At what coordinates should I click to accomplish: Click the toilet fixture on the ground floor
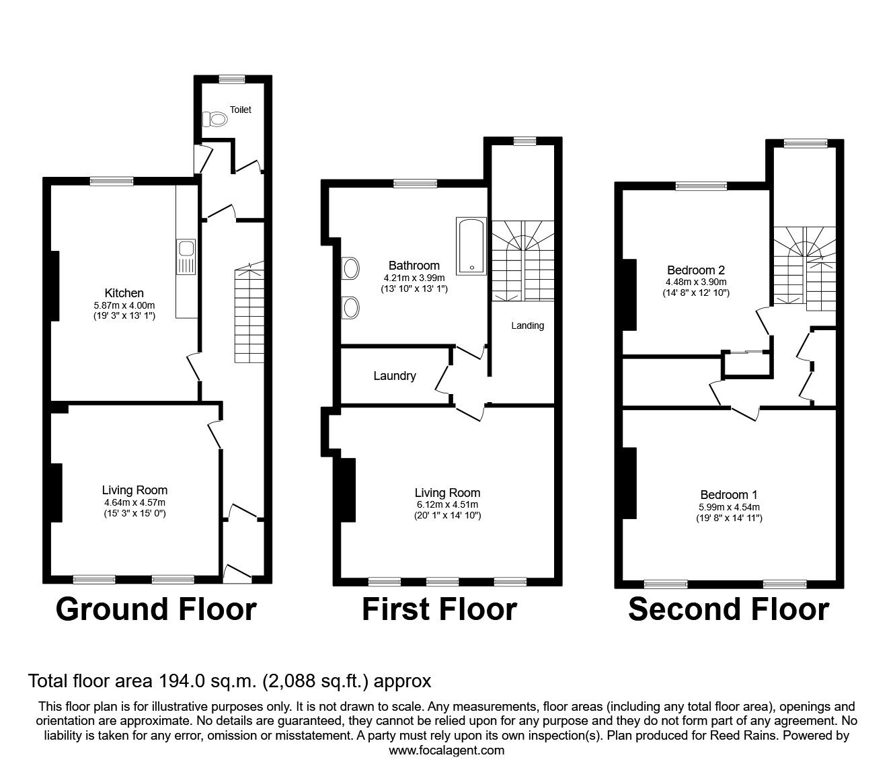pos(215,119)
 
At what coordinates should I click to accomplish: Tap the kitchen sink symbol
pos(186,257)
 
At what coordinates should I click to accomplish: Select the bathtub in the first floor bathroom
pos(471,246)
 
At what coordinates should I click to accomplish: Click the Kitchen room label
pos(124,293)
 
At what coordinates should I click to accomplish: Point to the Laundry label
pos(395,376)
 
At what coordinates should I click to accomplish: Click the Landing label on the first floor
pos(527,325)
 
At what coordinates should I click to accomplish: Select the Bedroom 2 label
pos(695,270)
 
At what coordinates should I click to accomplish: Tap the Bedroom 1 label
pos(729,494)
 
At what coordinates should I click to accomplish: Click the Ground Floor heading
pos(157,609)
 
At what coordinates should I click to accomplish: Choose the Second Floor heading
pos(729,609)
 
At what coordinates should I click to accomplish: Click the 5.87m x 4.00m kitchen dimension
pos(124,305)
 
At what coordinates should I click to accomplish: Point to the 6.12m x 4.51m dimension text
pos(448,505)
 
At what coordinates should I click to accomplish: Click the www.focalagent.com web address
pos(446,750)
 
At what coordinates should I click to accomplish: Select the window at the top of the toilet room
pos(232,79)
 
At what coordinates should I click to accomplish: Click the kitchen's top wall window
pos(112,181)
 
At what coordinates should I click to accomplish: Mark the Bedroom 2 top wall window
pos(701,186)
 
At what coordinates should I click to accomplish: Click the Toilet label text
pos(240,110)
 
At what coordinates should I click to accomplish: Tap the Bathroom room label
pos(414,266)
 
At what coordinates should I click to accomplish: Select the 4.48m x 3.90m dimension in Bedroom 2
pos(696,282)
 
